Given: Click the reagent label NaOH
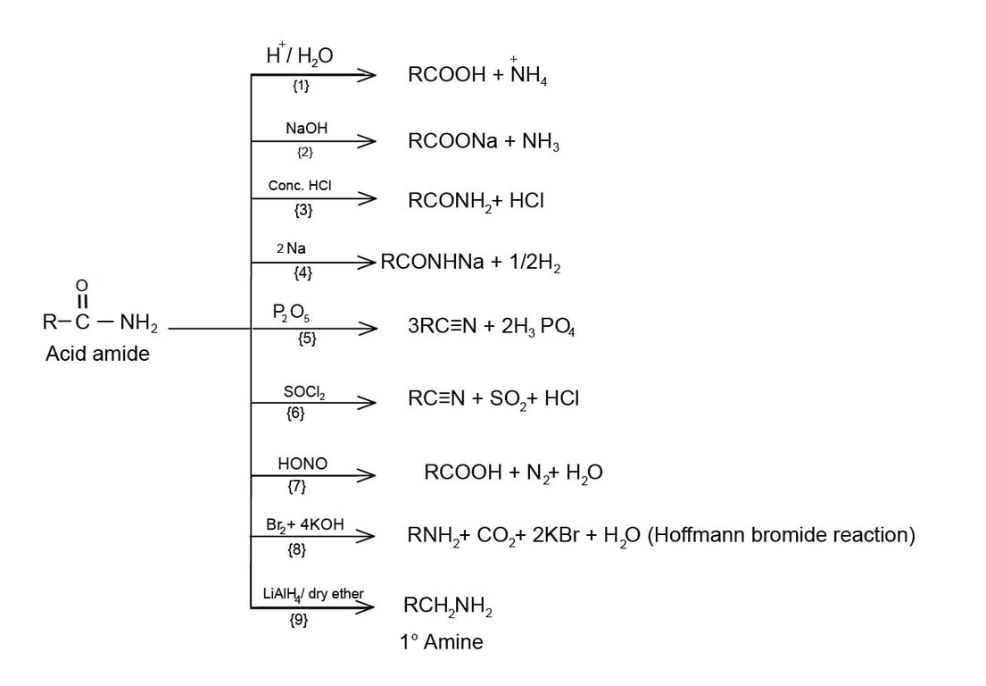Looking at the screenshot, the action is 306,129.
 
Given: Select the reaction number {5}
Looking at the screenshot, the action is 307,339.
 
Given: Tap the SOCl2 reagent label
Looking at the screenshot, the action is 304,392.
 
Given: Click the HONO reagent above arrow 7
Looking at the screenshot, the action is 302,464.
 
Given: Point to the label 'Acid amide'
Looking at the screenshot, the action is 97,354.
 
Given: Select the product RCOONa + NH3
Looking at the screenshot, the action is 484,142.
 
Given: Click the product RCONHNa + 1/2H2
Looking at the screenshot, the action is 470,263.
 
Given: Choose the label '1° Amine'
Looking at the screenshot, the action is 441,641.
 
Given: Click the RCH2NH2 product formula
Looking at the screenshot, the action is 448,607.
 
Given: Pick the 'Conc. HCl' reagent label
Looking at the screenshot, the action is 300,186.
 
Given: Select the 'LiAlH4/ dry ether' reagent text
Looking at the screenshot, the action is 313,594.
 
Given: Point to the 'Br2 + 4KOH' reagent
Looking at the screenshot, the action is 304,524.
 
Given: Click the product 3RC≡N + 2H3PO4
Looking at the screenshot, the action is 492,328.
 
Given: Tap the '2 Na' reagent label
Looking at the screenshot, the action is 291,248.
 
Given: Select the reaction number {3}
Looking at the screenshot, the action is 303,211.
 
